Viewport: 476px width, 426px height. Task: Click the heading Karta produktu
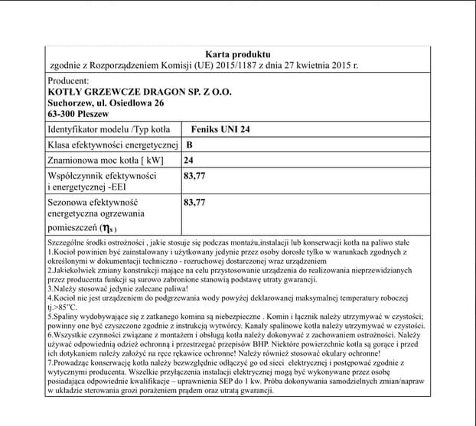tap(238, 55)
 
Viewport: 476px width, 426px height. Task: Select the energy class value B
tap(189, 145)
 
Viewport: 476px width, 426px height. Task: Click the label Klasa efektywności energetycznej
tap(112, 145)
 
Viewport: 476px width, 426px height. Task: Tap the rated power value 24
tap(189, 161)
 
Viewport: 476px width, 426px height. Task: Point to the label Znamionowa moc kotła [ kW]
tap(106, 161)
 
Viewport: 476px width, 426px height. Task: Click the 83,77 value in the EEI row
tap(196, 176)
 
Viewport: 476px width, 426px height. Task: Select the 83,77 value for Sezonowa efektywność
tap(196, 203)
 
